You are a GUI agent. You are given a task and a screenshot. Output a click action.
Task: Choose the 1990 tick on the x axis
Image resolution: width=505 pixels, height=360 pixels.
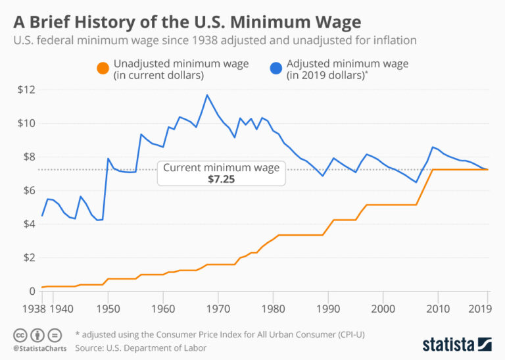(x=327, y=307)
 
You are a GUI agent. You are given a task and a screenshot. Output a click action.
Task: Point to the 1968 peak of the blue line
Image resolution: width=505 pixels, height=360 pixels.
(x=207, y=95)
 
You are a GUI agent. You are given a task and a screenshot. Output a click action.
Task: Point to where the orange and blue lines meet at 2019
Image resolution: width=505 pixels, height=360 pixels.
(x=487, y=170)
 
